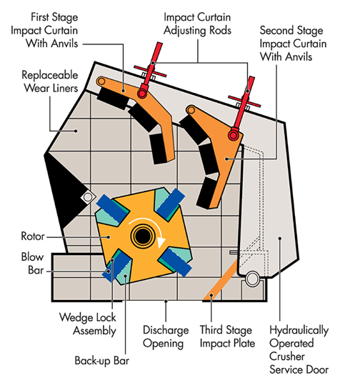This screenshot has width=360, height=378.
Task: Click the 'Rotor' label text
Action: (33, 236)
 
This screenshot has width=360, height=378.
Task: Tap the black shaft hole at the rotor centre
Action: (142, 236)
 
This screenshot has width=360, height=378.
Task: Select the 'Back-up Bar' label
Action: (101, 361)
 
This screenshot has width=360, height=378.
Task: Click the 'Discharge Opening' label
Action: (166, 337)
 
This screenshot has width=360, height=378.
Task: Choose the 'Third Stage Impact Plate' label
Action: (227, 337)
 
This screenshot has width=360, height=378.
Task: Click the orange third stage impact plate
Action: (220, 280)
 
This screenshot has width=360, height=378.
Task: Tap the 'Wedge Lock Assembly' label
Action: (88, 324)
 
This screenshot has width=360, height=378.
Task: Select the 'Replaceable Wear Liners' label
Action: (50, 81)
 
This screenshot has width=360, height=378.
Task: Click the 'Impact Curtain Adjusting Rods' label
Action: (197, 24)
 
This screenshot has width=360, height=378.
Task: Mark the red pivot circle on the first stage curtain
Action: (142, 94)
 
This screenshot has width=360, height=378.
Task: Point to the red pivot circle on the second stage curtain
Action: (234, 135)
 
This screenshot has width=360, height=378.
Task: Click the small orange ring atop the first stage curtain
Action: (101, 81)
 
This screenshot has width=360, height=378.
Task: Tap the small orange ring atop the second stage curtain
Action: (191, 111)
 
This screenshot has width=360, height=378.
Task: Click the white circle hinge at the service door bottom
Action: (252, 279)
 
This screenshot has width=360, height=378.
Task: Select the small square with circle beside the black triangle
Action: (88, 197)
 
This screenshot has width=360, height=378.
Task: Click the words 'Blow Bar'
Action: (33, 264)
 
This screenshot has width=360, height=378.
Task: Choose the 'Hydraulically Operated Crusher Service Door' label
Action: (299, 349)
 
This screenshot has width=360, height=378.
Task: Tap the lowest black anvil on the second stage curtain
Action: (206, 193)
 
